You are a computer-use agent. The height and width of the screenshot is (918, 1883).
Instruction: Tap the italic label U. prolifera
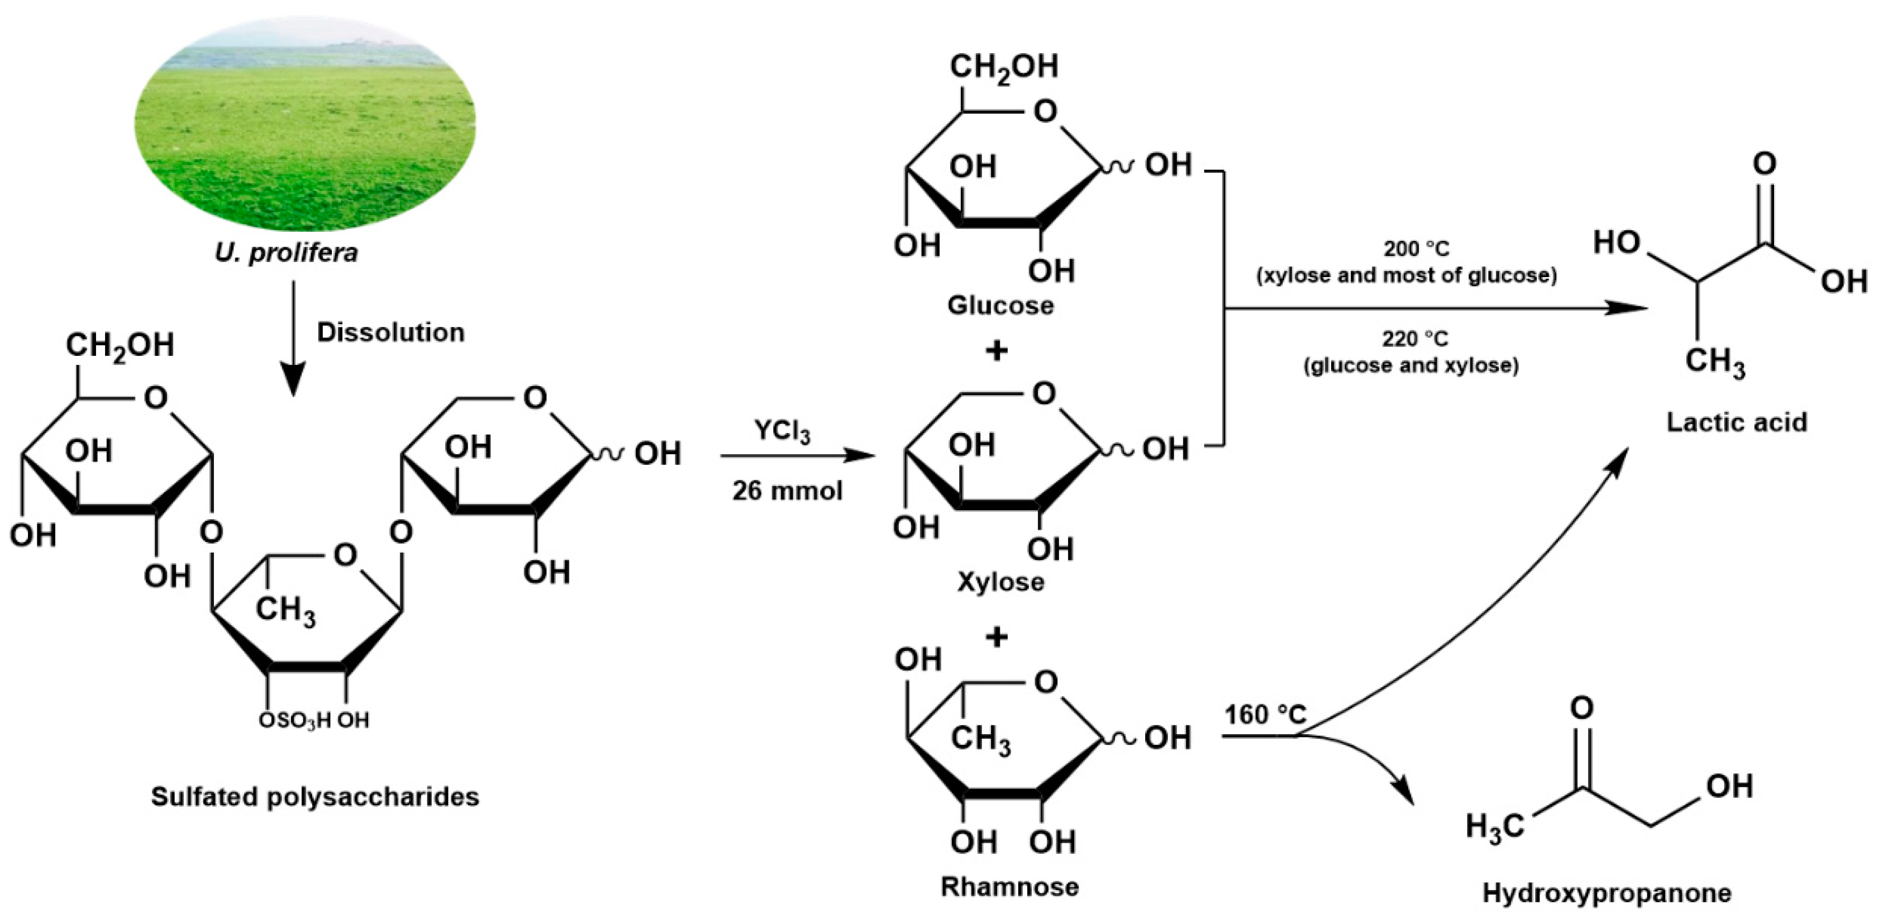click(286, 253)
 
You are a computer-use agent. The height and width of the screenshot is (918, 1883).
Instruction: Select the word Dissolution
click(390, 332)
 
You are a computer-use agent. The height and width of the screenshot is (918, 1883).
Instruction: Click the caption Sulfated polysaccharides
click(315, 797)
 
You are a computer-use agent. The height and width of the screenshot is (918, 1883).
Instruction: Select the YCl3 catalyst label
click(781, 431)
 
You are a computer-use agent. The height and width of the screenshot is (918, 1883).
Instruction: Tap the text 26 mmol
click(787, 491)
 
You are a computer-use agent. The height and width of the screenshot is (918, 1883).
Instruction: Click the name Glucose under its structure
click(1000, 306)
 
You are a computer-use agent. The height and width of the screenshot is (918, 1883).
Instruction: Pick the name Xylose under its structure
click(1000, 583)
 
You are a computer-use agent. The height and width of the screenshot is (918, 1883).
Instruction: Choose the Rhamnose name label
click(1009, 887)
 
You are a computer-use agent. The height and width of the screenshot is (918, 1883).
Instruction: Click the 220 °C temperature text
click(1414, 339)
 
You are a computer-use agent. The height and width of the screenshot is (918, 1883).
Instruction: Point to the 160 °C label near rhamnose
click(1265, 714)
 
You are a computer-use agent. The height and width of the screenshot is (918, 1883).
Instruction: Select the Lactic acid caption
click(1736, 422)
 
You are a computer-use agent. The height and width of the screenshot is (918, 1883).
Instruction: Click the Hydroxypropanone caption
click(1606, 893)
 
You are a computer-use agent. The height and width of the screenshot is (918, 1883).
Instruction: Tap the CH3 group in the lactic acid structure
click(1714, 363)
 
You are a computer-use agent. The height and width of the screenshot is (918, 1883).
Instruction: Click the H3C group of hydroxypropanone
click(1495, 826)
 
